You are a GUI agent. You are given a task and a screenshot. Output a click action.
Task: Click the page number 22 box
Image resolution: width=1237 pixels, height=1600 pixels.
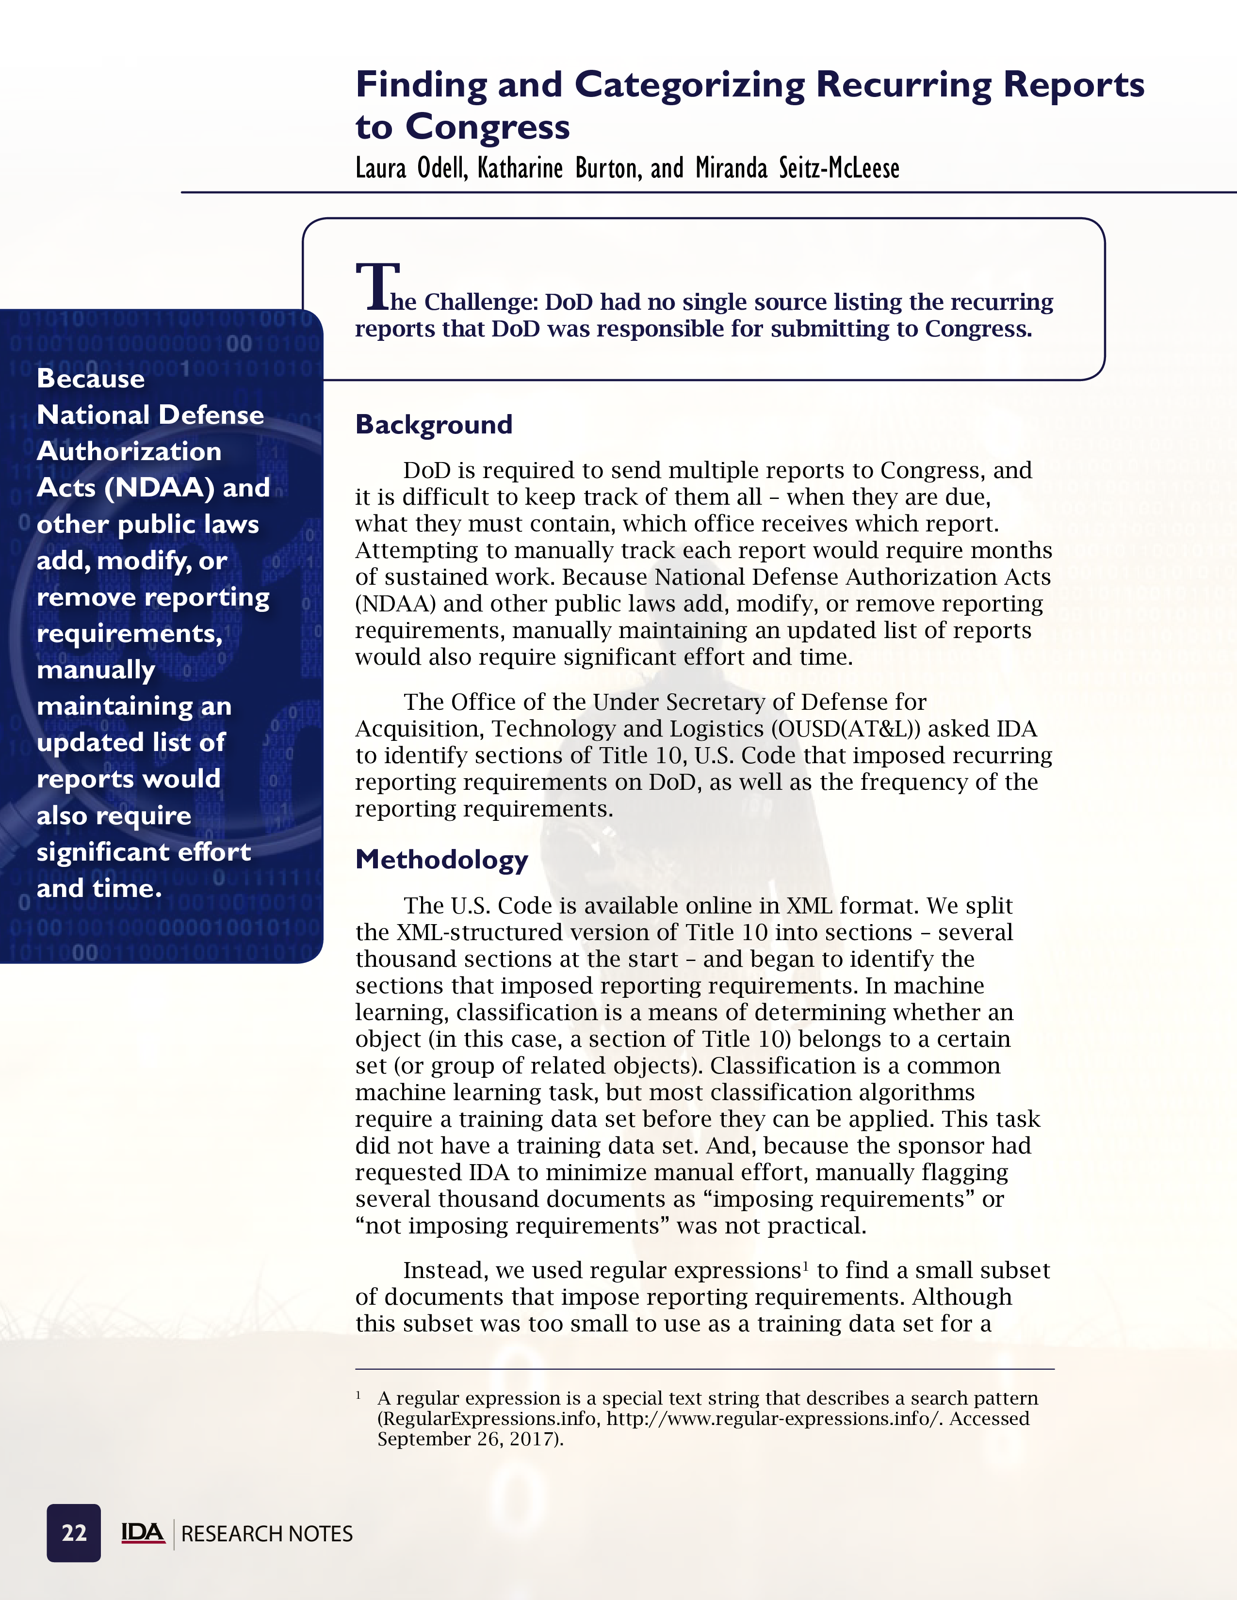pos(73,1533)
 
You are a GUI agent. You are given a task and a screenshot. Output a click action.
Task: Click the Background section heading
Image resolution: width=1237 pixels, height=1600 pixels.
pos(433,425)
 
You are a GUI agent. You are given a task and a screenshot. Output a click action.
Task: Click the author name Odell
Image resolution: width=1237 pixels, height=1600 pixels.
pos(442,169)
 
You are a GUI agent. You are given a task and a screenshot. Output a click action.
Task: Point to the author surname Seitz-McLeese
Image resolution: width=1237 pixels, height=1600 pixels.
pos(838,169)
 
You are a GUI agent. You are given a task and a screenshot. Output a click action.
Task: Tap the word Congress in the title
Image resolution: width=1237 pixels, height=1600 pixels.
pos(488,127)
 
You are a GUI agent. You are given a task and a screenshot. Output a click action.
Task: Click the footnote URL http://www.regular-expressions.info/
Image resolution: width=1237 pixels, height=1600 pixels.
pos(775,1419)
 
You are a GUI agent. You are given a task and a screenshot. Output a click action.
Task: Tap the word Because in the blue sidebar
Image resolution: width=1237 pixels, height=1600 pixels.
pos(91,379)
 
